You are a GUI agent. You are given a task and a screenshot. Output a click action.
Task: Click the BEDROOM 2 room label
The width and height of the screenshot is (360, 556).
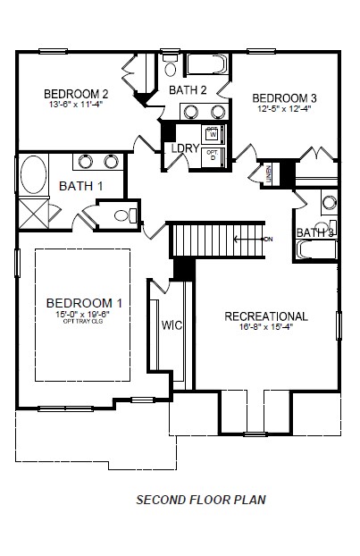coord(76,93)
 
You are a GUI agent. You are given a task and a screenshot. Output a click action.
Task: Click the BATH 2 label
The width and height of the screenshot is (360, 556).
coord(188,89)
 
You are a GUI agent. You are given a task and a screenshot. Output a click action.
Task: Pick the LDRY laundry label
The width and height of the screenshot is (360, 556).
coord(185,148)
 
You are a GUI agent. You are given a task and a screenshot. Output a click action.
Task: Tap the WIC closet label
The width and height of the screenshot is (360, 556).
coord(172,325)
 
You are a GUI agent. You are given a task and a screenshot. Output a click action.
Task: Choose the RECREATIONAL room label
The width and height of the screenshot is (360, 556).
coord(266,316)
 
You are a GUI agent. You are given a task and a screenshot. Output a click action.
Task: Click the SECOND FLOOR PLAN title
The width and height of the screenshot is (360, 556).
coord(200,500)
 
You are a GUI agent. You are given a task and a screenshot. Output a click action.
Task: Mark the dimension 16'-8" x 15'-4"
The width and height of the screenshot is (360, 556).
coord(266,327)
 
